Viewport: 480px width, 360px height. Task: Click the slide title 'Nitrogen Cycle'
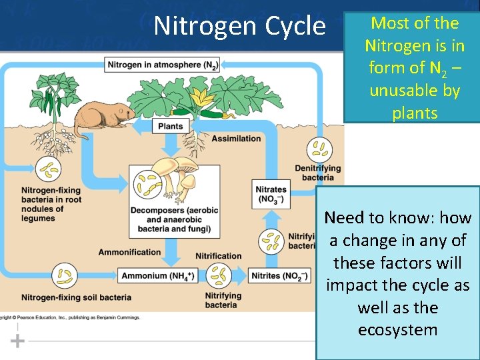(239, 25)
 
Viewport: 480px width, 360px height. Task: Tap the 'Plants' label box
(170, 126)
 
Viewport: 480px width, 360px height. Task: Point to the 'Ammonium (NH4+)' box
(158, 275)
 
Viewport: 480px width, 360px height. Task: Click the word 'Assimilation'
(236, 139)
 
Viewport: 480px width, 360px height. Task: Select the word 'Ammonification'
(129, 252)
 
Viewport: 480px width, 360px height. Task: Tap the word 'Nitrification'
(218, 256)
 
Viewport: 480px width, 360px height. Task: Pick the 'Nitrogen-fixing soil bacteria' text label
(76, 297)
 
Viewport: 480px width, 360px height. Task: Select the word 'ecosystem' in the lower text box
(397, 330)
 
